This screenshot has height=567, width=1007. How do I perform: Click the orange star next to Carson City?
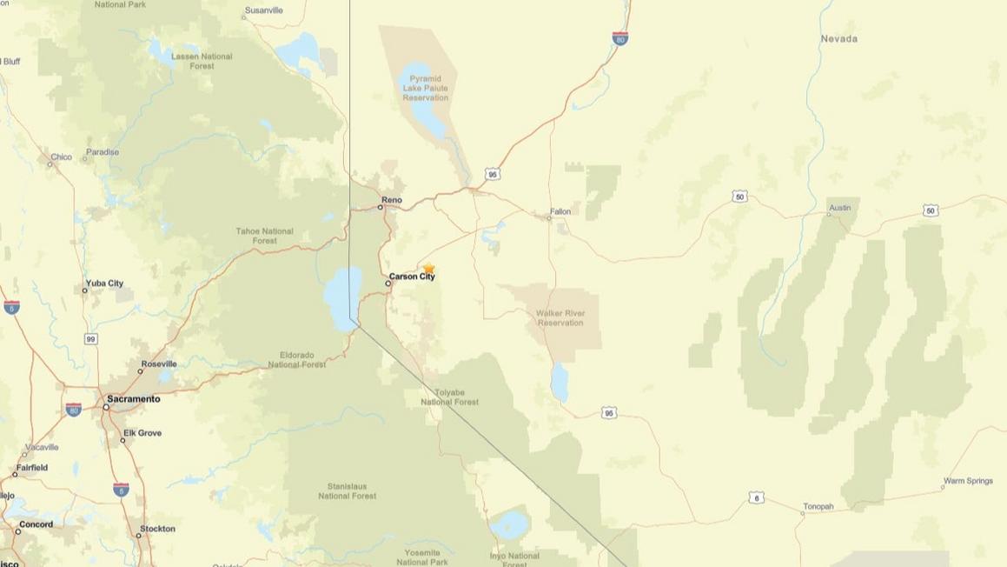click(x=428, y=269)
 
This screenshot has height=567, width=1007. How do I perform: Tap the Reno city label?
click(x=391, y=200)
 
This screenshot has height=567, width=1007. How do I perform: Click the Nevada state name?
click(x=838, y=38)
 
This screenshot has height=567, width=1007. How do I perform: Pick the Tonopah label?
click(x=818, y=506)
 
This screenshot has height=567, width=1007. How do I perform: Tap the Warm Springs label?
click(x=967, y=481)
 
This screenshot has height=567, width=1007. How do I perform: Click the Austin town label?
click(x=839, y=208)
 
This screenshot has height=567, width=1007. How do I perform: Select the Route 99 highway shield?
click(x=91, y=338)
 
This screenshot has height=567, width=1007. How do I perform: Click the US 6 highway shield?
click(x=757, y=498)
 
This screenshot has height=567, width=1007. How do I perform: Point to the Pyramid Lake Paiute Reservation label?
click(x=425, y=88)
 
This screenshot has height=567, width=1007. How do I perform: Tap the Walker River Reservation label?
click(x=560, y=317)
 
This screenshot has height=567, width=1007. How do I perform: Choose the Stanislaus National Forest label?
click(x=347, y=491)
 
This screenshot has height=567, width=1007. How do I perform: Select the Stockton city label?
click(x=157, y=529)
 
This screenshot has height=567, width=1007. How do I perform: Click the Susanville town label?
click(x=263, y=10)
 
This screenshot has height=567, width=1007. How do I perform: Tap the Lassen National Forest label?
click(x=202, y=61)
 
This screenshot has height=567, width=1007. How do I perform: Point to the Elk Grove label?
click(x=142, y=433)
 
